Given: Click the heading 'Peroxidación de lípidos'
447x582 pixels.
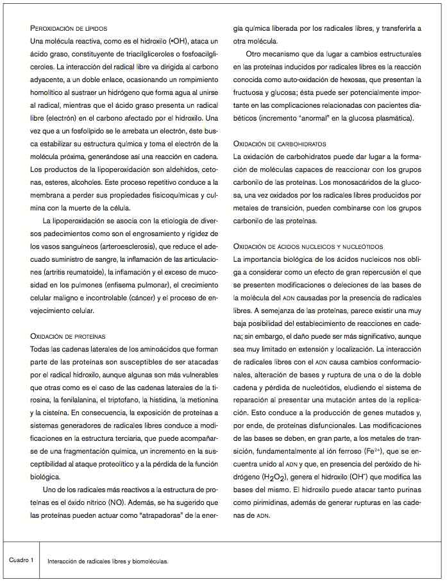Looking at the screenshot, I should pyautogui.click(x=69, y=29).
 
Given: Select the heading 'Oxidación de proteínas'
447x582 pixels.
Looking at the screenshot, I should pyautogui.click(x=68, y=336).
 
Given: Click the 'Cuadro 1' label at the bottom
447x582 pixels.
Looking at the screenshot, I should pyautogui.click(x=21, y=560).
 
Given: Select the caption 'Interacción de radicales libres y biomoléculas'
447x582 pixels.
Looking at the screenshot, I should pyautogui.click(x=108, y=561).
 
